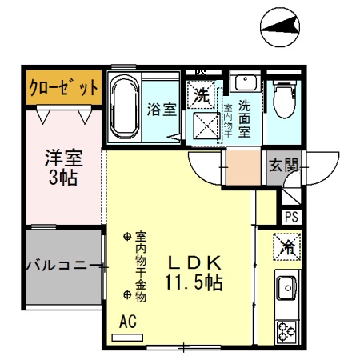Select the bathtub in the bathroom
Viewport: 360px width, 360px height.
click(x=125, y=107)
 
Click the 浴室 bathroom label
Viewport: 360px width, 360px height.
click(x=162, y=110)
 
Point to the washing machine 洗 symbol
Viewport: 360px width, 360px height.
click(x=203, y=94)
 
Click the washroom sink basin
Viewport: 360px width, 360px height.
click(x=244, y=82)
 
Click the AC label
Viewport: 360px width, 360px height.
click(x=127, y=322)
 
